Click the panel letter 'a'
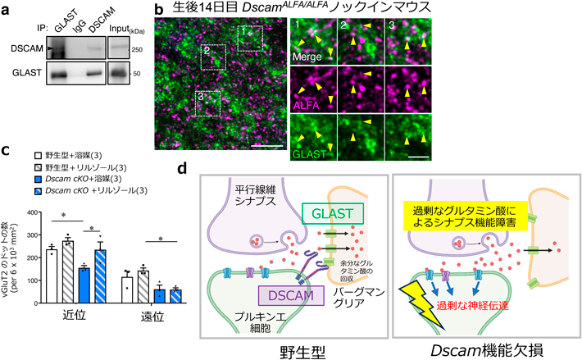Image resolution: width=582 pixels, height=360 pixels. click(x=7, y=9)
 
